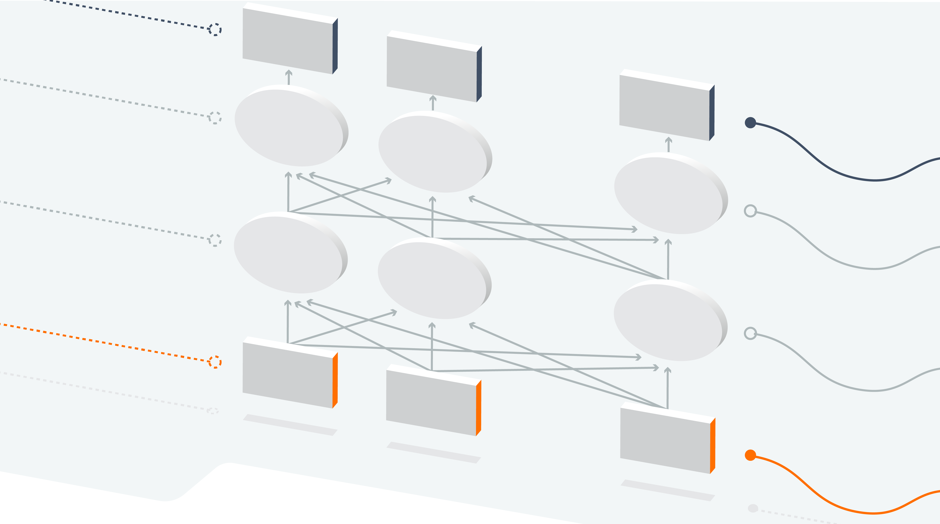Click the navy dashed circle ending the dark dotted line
tap(215, 29)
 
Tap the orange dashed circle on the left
tap(215, 362)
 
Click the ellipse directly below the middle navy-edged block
tap(433, 153)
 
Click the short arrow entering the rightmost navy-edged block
tap(669, 145)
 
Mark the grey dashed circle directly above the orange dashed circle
tap(215, 240)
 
